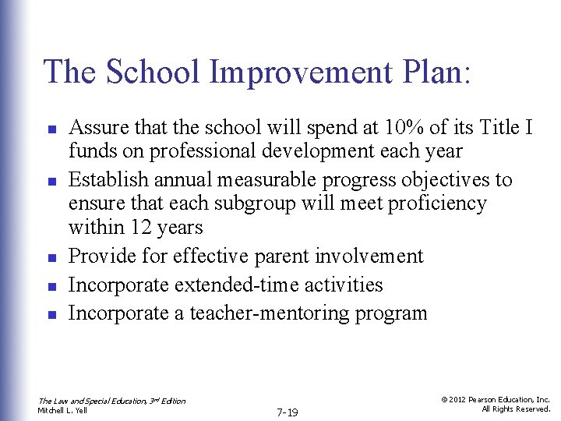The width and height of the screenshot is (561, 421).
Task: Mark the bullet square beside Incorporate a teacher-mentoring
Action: click(49, 315)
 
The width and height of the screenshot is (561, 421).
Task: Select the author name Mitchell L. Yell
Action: click(63, 410)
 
